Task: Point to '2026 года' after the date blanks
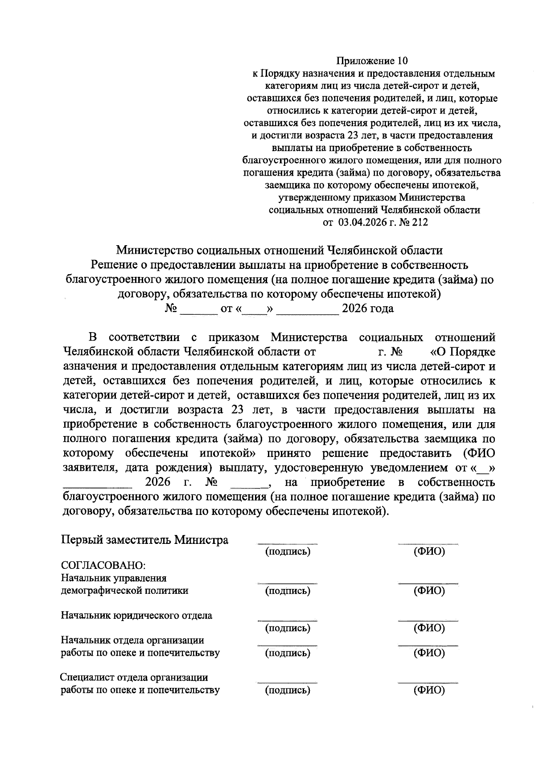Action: tap(367, 309)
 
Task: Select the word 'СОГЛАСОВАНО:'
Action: tap(103, 565)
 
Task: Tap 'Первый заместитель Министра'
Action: tap(144, 540)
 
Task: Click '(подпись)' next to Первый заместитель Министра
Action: tap(288, 551)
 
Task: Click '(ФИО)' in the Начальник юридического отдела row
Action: tap(429, 628)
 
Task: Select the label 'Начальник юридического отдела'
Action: tap(136, 616)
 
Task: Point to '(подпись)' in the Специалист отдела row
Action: tap(288, 691)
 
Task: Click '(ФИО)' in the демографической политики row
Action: tap(429, 591)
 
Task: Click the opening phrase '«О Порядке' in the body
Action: tap(462, 352)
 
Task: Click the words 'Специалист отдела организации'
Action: tap(134, 678)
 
